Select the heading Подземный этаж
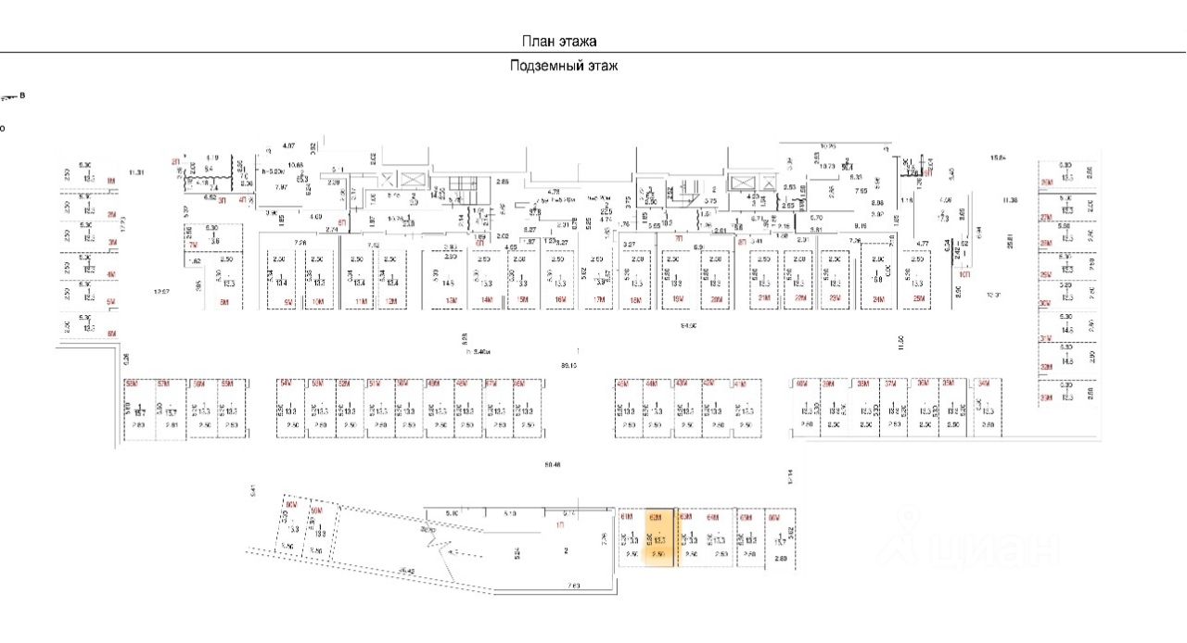(564, 66)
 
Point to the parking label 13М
(453, 302)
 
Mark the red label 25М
(919, 299)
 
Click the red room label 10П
(964, 274)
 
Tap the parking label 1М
(111, 181)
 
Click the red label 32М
(1045, 367)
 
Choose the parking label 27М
(1045, 217)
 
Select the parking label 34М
(985, 383)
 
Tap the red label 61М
(628, 517)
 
